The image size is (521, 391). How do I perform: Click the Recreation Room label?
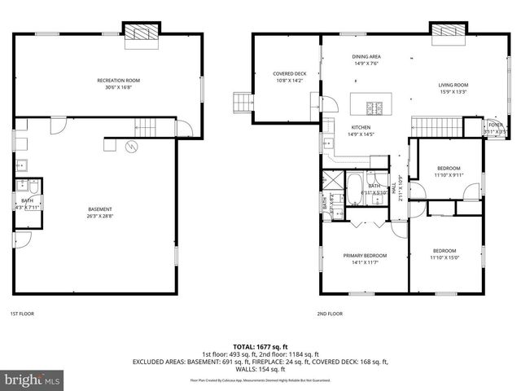tap(119, 82)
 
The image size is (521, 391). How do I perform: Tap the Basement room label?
tap(100, 212)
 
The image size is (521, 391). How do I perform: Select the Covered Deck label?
tap(288, 77)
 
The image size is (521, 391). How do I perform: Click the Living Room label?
tap(453, 87)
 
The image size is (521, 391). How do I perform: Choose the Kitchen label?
tap(361, 130)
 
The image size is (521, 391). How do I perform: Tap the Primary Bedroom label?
tap(364, 258)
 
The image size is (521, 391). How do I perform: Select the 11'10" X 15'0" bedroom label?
tap(444, 253)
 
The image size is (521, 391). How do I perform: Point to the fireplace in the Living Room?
tap(447, 29)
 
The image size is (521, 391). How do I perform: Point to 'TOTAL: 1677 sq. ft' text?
tap(260, 346)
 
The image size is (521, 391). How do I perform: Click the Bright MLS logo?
tap(33, 379)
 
